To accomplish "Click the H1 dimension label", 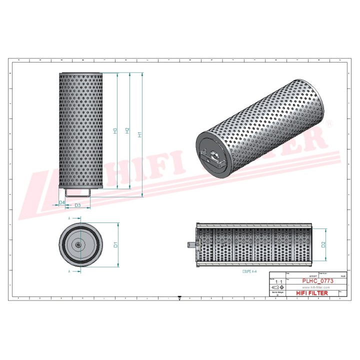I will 140,134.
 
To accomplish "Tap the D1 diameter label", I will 115,244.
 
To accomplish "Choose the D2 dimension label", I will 323,244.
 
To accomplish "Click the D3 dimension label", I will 77,205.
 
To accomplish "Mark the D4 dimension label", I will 61,202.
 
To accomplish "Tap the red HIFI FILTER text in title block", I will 312,293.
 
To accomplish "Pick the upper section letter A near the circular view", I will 69,218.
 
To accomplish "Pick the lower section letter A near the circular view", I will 69,271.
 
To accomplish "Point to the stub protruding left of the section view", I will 191,244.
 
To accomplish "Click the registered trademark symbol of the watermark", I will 328,122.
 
